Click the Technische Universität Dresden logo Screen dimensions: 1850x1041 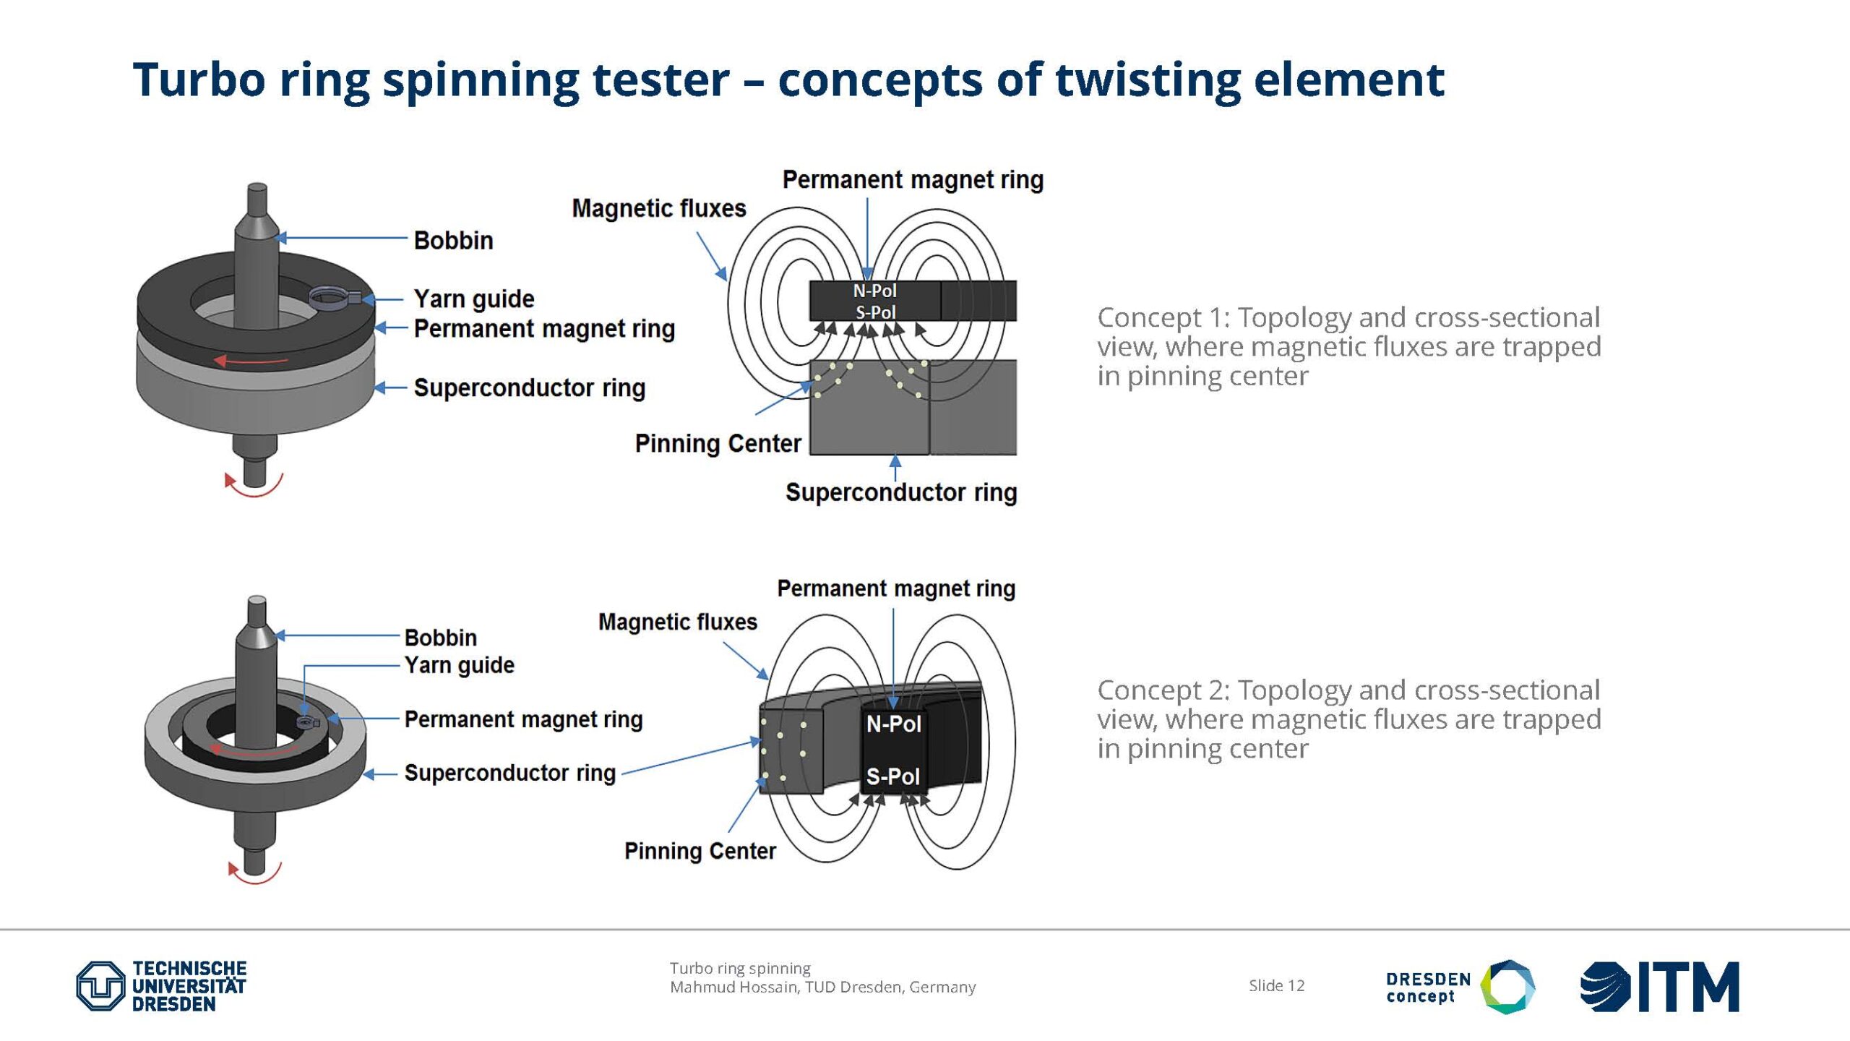(x=161, y=986)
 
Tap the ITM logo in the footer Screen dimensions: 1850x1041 (x=1659, y=987)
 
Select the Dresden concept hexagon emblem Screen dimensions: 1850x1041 (x=1507, y=987)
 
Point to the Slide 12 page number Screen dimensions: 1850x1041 (x=1277, y=985)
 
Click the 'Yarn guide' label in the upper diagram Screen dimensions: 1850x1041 (x=474, y=299)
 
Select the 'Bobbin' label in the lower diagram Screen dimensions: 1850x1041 (x=441, y=638)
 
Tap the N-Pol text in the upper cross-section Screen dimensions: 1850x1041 (x=874, y=291)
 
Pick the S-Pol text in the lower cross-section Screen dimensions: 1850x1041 (x=893, y=776)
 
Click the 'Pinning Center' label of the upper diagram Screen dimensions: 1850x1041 (x=718, y=443)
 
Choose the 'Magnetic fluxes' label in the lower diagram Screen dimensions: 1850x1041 (x=678, y=622)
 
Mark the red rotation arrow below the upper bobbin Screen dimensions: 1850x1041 (x=253, y=486)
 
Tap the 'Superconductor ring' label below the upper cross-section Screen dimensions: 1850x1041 (x=901, y=492)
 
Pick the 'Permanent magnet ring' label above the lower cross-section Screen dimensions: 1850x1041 (x=896, y=588)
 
